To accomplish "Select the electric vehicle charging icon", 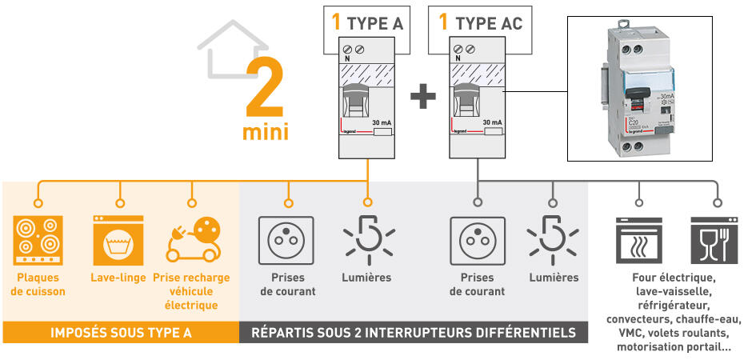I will [x=192, y=238].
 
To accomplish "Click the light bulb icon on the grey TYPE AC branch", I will [x=553, y=238].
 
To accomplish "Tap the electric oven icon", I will [x=639, y=239].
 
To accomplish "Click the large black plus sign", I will [x=423, y=98].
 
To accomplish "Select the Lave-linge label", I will [x=118, y=278].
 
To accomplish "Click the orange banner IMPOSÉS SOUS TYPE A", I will [x=121, y=332].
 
